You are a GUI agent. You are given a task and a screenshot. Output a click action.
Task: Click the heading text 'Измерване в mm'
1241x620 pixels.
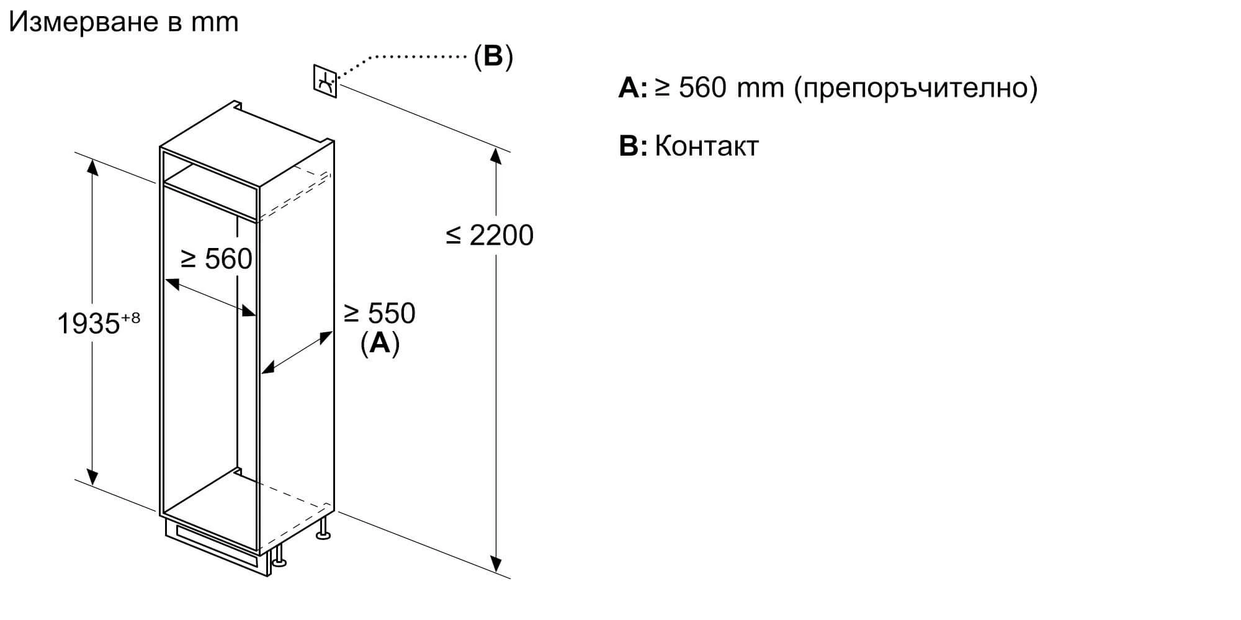(123, 23)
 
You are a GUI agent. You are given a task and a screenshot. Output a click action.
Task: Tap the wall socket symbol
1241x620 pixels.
(325, 81)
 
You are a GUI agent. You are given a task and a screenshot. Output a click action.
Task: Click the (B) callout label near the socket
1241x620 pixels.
(493, 56)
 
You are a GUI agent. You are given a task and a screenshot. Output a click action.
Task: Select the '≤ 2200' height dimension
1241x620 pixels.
(490, 236)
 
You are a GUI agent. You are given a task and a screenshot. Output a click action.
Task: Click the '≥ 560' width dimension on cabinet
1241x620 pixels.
(216, 259)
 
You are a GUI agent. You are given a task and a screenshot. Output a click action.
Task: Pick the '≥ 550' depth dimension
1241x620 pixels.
(380, 313)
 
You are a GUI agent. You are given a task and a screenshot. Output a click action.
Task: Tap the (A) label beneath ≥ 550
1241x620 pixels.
(380, 343)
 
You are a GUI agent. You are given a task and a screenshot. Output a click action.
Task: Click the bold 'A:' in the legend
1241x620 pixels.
(632, 89)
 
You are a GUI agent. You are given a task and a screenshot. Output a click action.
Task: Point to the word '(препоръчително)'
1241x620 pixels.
(916, 89)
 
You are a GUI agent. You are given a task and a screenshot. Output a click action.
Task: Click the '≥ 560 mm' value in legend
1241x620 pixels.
(720, 89)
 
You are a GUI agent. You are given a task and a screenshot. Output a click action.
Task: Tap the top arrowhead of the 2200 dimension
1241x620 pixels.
(496, 155)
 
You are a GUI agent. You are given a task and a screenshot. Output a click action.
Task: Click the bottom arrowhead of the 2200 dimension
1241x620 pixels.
(496, 564)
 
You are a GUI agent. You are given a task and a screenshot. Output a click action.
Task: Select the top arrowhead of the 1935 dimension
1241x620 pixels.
(92, 166)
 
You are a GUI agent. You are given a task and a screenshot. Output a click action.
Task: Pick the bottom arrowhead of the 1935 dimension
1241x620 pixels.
(92, 477)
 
